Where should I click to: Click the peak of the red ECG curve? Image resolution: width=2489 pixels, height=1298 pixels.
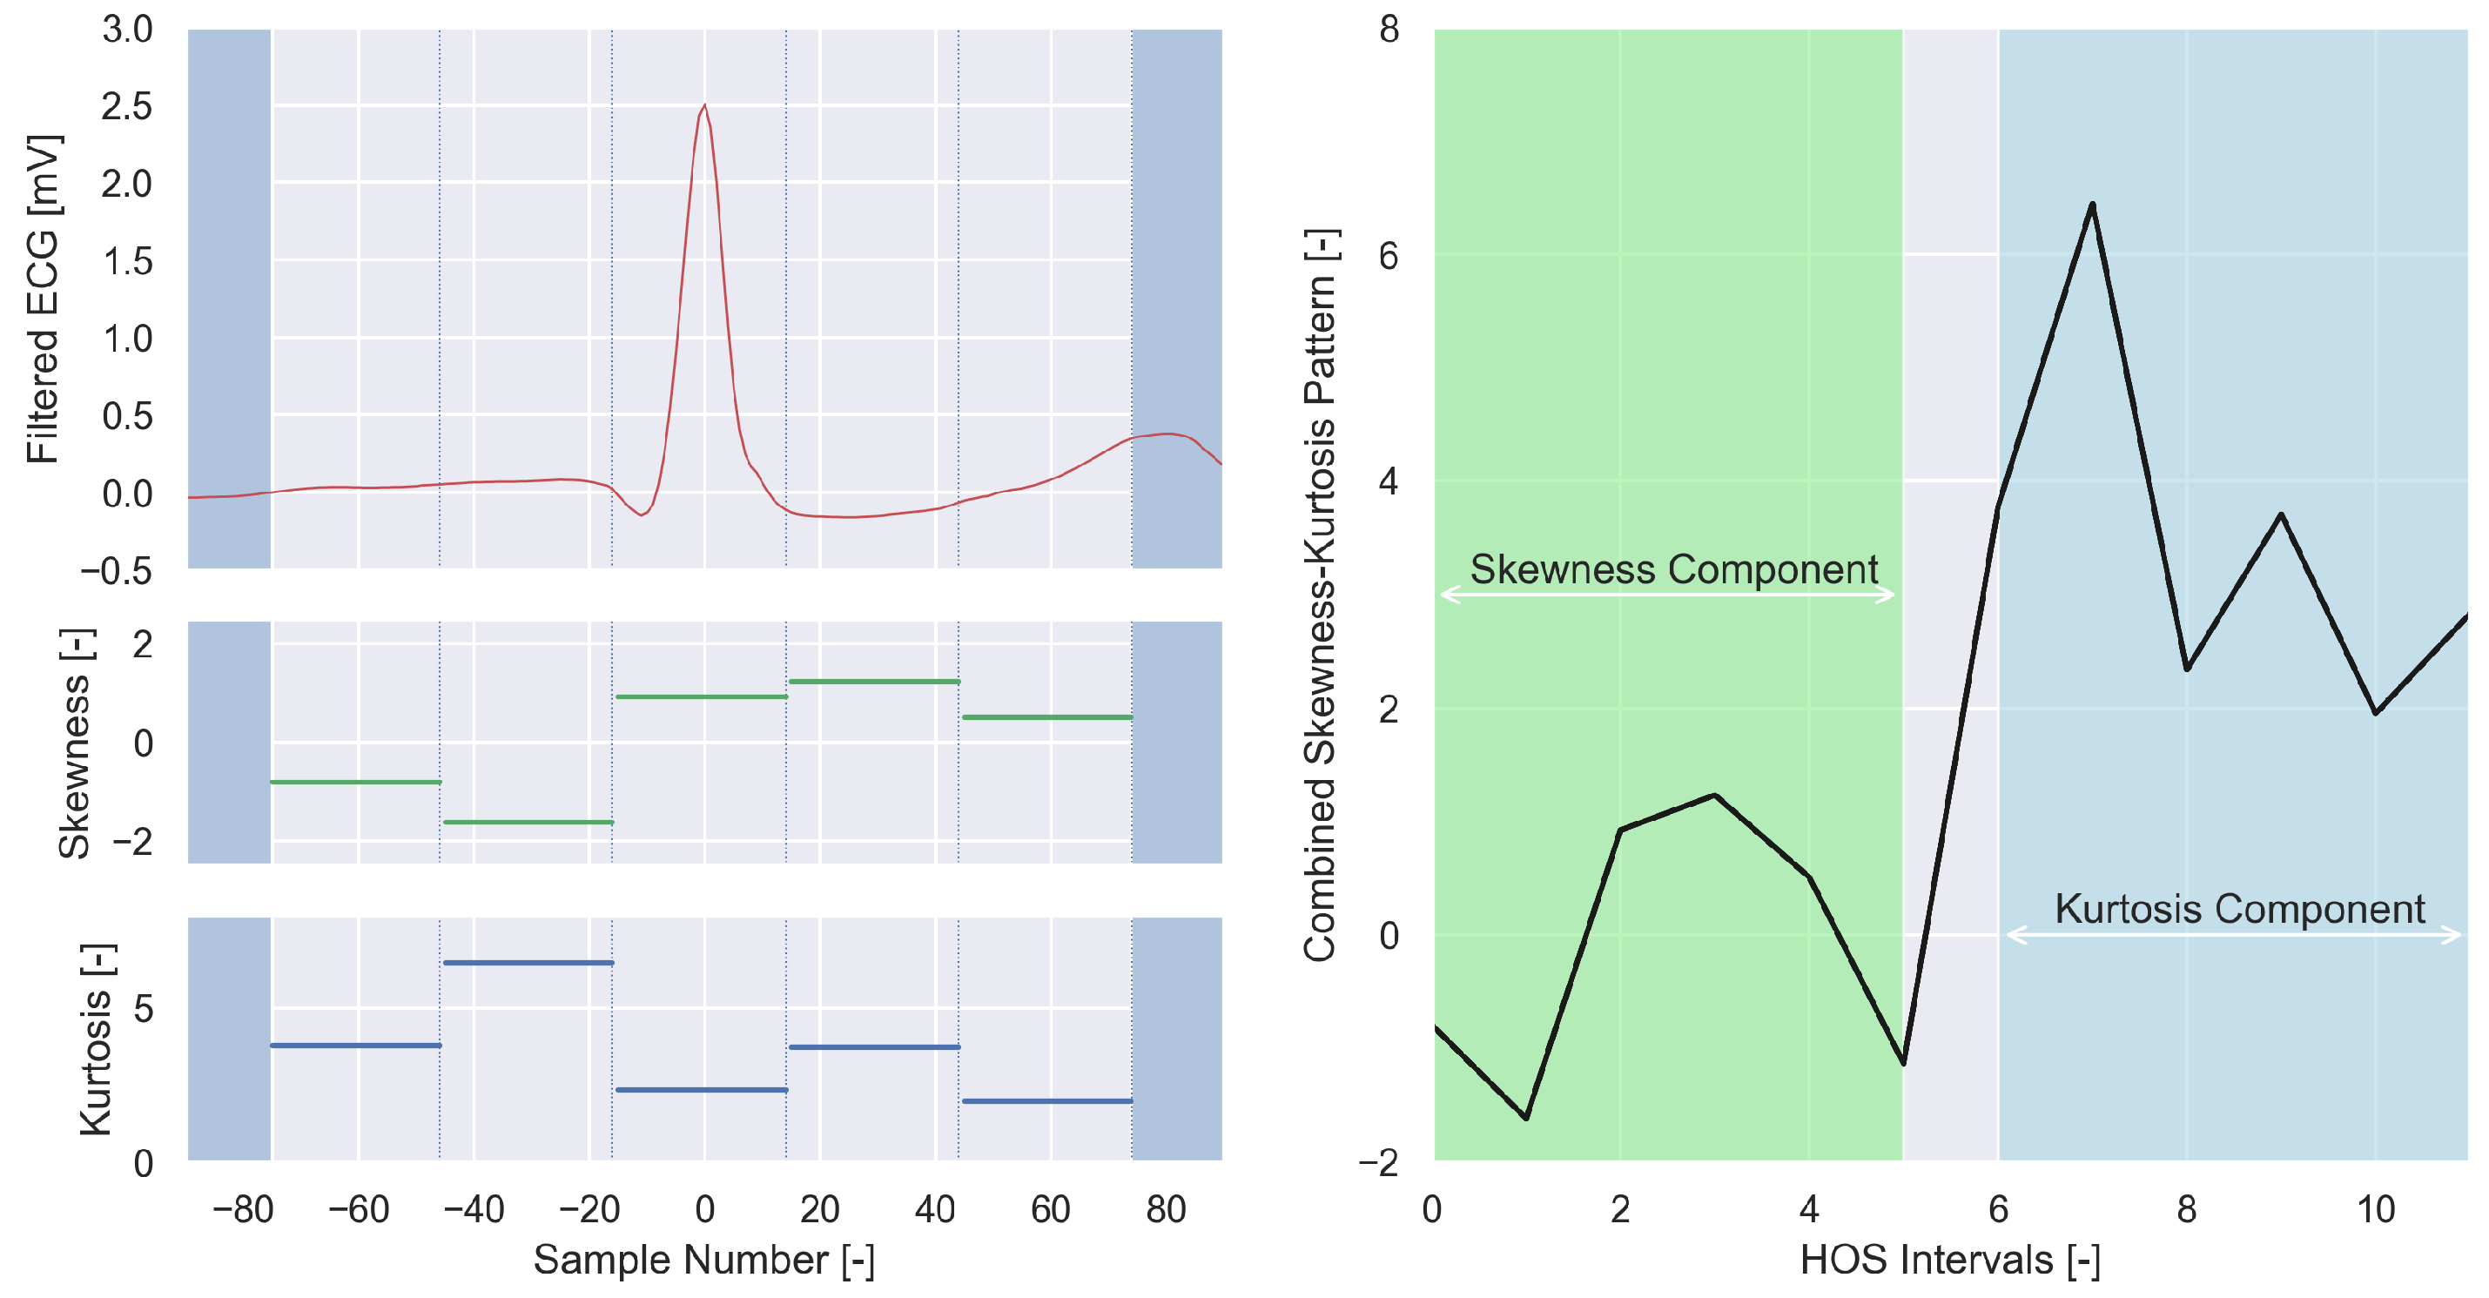click(x=704, y=105)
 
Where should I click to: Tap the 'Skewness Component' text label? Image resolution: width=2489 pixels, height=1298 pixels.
click(x=1673, y=569)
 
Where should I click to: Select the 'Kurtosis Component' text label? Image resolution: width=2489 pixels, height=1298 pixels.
click(x=2239, y=909)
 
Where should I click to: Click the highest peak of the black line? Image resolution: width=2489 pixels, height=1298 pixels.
click(x=2092, y=204)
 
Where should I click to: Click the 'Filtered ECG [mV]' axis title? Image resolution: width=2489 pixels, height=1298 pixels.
click(x=43, y=299)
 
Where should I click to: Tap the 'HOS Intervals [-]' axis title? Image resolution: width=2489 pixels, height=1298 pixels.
click(x=1950, y=1261)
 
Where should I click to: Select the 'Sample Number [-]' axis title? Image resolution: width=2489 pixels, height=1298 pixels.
click(x=703, y=1261)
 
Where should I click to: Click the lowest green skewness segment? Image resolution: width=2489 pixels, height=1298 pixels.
click(x=528, y=823)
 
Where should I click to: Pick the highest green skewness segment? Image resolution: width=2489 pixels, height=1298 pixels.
click(x=873, y=682)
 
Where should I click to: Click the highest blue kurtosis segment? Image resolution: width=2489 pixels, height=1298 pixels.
click(x=528, y=963)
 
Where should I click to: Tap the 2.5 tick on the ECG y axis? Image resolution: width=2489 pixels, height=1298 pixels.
click(x=128, y=106)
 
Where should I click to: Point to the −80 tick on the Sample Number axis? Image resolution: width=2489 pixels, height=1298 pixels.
click(x=243, y=1209)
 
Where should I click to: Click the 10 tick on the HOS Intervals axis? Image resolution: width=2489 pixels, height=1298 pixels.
click(x=2375, y=1209)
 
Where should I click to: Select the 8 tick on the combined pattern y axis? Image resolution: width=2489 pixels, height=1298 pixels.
click(x=1389, y=30)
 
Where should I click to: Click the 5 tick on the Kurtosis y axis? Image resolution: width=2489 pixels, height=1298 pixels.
click(x=143, y=1009)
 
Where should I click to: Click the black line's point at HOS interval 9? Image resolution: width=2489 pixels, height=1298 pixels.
click(x=2281, y=515)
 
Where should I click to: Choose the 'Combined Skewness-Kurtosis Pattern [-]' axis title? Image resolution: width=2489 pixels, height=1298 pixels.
click(x=1321, y=595)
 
